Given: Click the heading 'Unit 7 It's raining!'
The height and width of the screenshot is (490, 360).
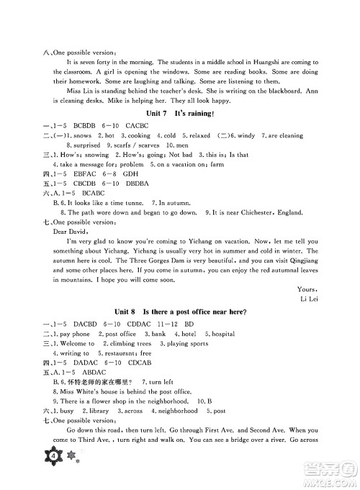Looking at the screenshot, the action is point(181,114).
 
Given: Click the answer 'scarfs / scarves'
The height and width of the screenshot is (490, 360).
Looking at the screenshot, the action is point(122,144).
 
